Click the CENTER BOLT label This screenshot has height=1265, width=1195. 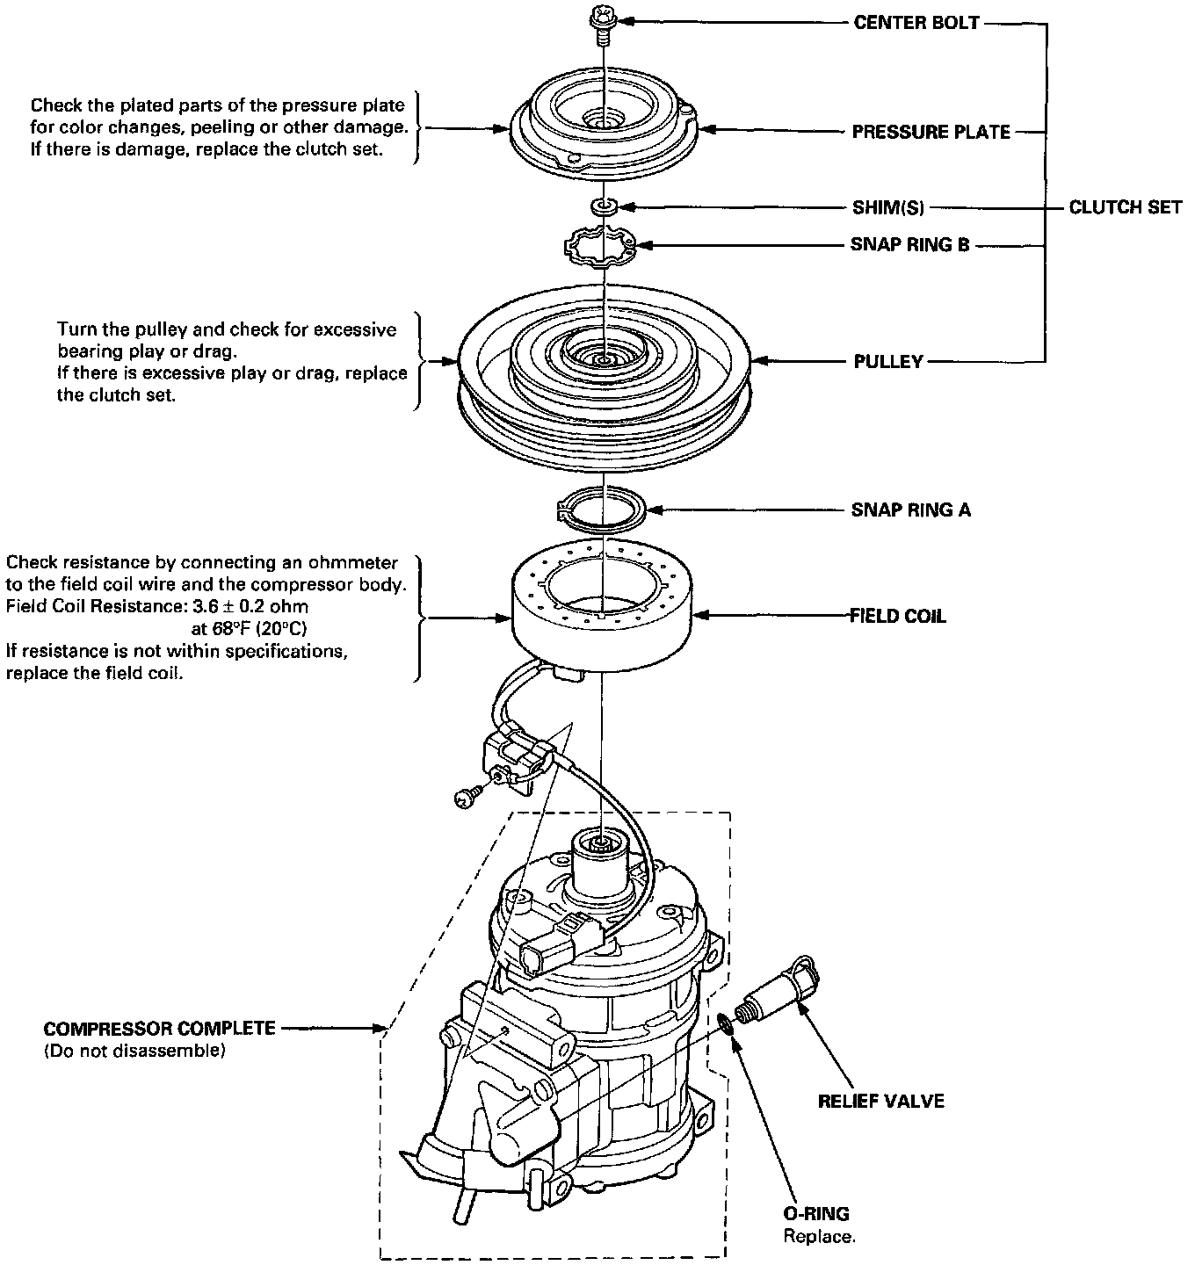pos(916,23)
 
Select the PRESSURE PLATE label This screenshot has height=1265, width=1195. pos(931,133)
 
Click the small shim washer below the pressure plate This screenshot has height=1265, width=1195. pos(604,206)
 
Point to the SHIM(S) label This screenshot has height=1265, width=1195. pos(887,208)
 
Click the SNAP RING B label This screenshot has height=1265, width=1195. pos(909,245)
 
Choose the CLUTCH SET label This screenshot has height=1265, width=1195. pos(1125,208)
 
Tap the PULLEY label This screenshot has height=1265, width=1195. pos(888,362)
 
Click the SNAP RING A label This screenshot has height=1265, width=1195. pos(910,510)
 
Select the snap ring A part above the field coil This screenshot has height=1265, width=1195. pos(603,510)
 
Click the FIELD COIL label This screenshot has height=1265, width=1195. pos(897,617)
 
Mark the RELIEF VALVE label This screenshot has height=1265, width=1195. pos(880,1101)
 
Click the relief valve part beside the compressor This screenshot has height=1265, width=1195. pos(779,990)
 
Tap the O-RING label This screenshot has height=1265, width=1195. pos(816,1215)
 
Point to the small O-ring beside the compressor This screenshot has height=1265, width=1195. pos(727,1023)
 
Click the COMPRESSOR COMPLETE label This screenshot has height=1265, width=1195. pos(159,1029)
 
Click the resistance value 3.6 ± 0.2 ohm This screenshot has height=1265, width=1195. pos(251,606)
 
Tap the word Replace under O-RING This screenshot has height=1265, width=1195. pos(818,1237)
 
